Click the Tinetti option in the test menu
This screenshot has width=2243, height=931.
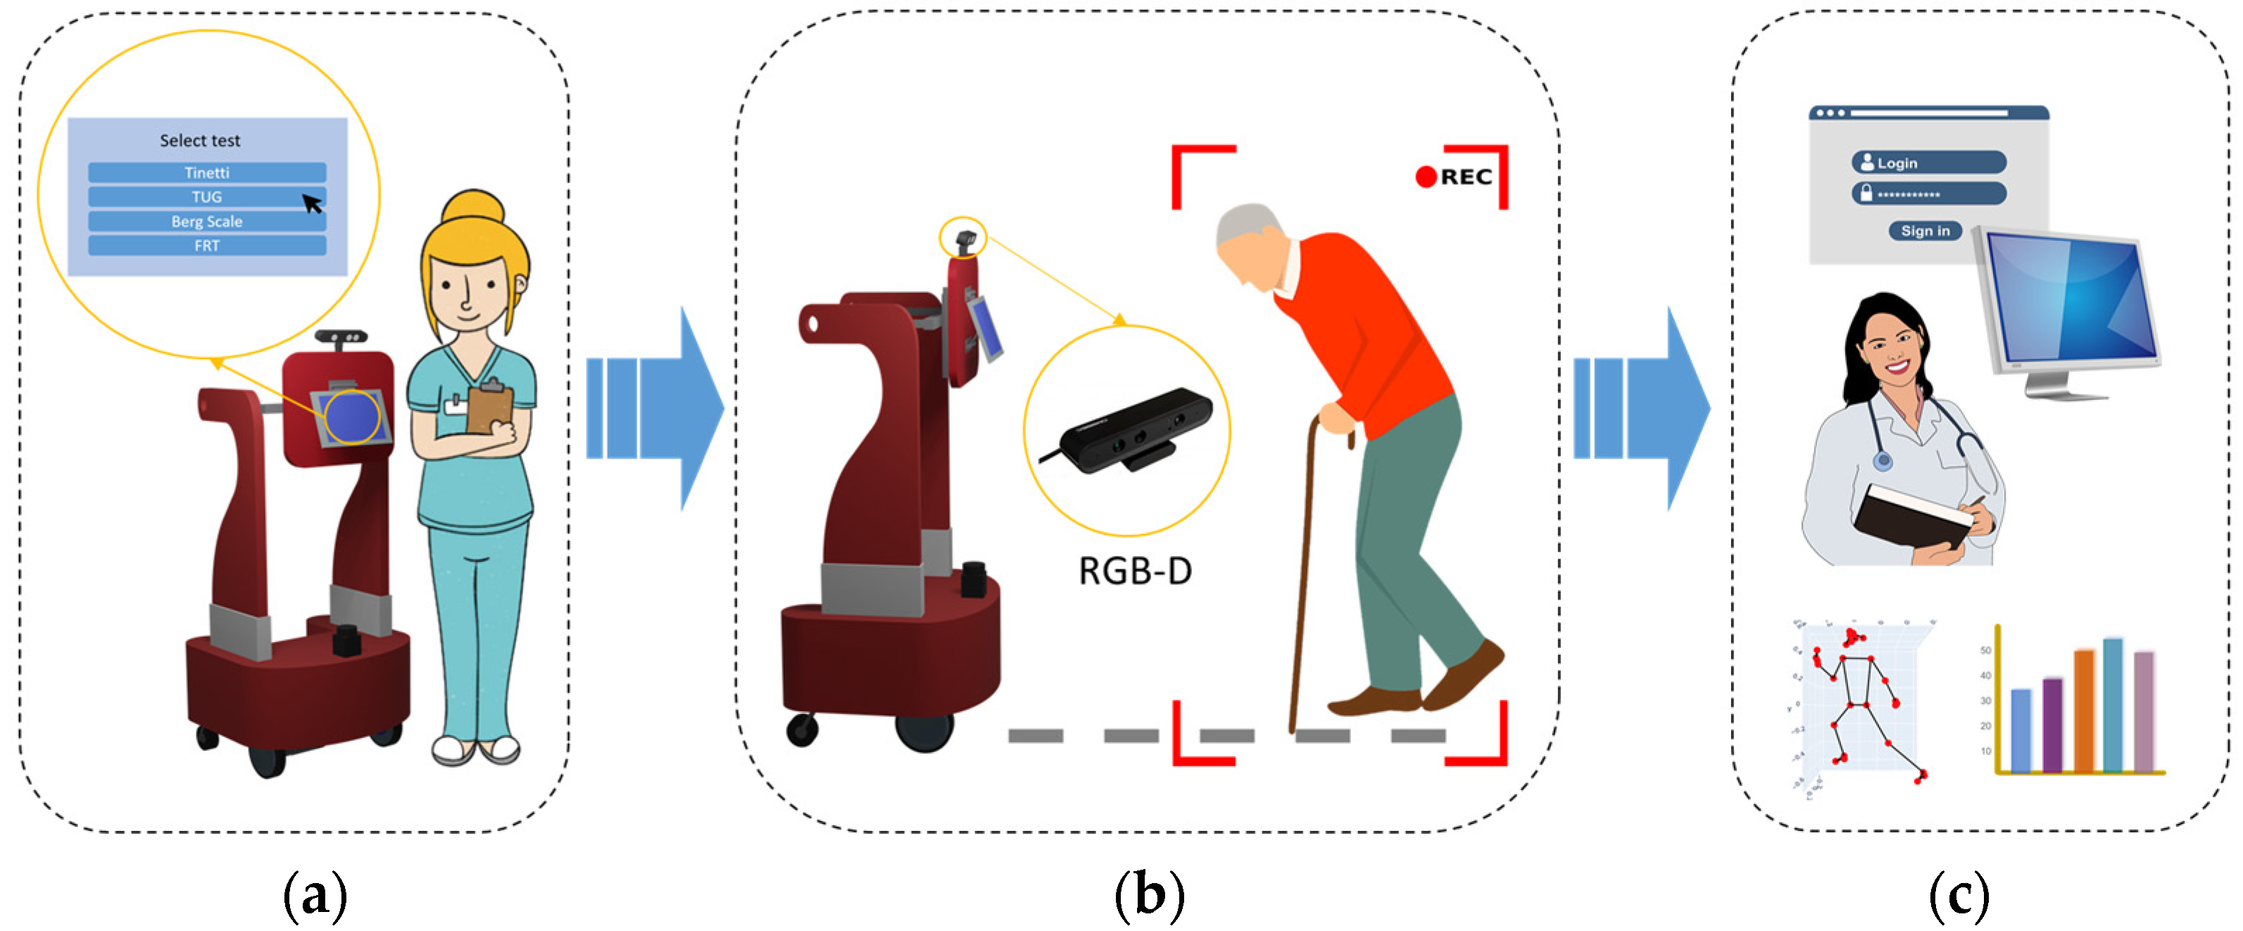pyautogui.click(x=207, y=173)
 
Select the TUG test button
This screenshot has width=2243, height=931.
pyautogui.click(x=207, y=196)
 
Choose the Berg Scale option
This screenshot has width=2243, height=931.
pyautogui.click(x=207, y=221)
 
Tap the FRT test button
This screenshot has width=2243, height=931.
pyautogui.click(x=207, y=246)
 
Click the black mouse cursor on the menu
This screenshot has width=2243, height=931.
pyautogui.click(x=312, y=204)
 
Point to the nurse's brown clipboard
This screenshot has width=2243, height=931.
pyautogui.click(x=489, y=407)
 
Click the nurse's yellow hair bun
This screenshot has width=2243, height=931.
pyautogui.click(x=474, y=209)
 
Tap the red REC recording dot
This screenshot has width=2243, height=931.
pyautogui.click(x=1426, y=177)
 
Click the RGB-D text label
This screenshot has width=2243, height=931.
pyautogui.click(x=1136, y=571)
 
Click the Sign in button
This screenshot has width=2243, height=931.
pyautogui.click(x=1924, y=231)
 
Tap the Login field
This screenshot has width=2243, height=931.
pyautogui.click(x=1929, y=163)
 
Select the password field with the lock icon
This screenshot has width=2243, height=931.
pyautogui.click(x=1929, y=194)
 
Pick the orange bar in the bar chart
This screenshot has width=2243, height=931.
pyautogui.click(x=2084, y=710)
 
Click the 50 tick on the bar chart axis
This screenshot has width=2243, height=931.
pyautogui.click(x=1986, y=651)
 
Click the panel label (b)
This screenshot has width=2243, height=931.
pyautogui.click(x=1150, y=895)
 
